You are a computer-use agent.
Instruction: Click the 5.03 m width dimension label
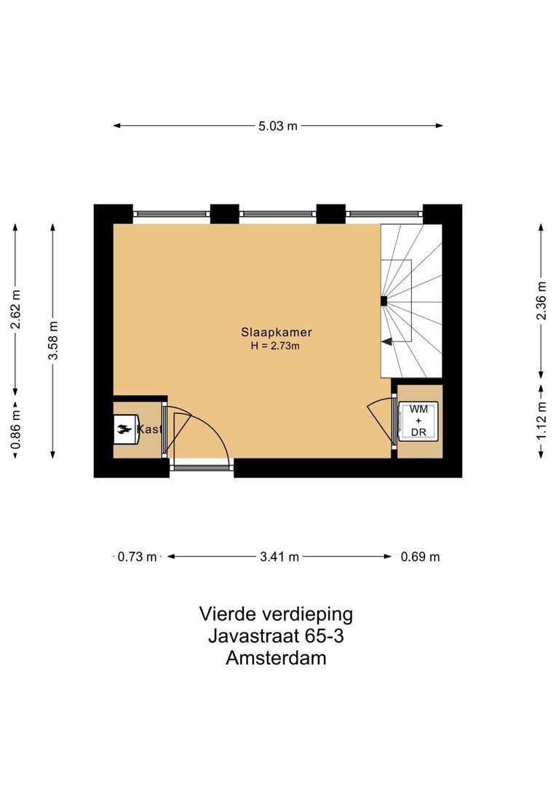[278, 126]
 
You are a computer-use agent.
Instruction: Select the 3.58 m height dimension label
[53, 341]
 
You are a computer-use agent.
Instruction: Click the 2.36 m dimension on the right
[540, 300]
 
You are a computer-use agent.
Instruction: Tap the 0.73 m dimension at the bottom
[138, 557]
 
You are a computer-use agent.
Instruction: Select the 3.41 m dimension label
[279, 557]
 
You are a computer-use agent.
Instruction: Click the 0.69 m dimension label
[420, 557]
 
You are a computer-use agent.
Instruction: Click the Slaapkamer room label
[271, 332]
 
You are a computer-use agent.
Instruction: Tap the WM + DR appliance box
[418, 421]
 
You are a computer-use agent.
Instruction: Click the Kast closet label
[149, 430]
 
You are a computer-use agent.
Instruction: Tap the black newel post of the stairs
[384, 301]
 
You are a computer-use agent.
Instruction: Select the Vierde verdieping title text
[276, 614]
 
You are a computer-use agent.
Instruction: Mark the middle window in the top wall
[278, 214]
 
